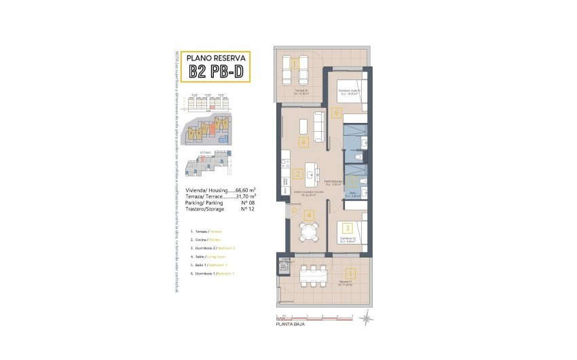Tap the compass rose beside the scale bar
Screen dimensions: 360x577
(x=366, y=317)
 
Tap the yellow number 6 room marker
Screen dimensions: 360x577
(x=336, y=113)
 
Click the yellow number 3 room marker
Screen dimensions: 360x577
(x=347, y=229)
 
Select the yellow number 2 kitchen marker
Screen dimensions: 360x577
(x=298, y=173)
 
